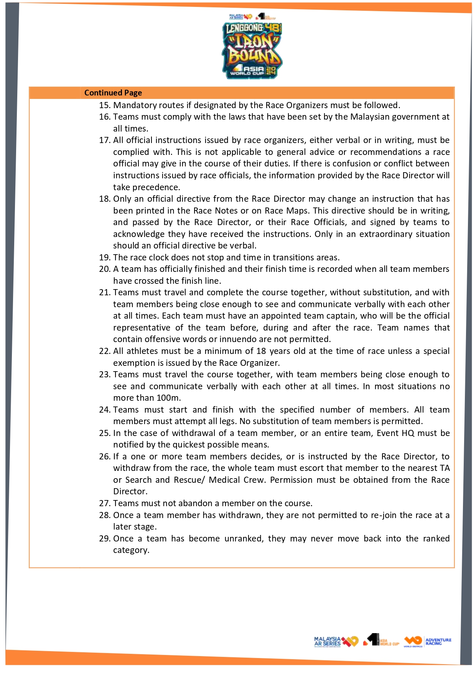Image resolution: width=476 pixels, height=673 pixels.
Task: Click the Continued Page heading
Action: (113, 93)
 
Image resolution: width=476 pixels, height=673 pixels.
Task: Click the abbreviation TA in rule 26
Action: (445, 468)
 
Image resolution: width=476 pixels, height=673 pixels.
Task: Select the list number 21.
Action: (105, 292)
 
